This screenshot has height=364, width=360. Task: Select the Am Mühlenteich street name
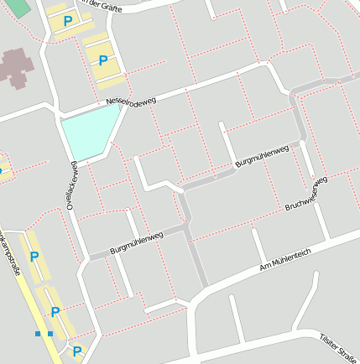285,258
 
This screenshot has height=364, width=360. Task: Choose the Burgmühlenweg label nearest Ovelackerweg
136,243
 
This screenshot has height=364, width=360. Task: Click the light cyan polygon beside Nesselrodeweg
89,134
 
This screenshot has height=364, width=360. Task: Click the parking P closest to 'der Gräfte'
67,20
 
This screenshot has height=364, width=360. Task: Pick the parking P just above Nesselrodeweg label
103,60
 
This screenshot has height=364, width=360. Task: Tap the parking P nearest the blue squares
55,312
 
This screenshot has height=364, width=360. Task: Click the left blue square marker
39,334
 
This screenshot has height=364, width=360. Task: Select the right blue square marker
50,334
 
